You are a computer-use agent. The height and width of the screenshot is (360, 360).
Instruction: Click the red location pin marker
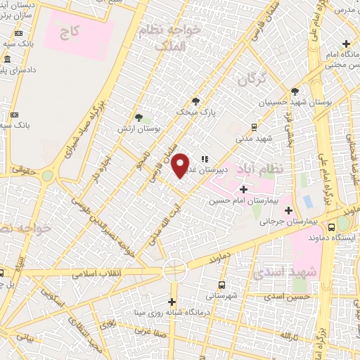(x=181, y=165)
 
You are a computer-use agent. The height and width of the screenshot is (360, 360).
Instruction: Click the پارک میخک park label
(x=193, y=111)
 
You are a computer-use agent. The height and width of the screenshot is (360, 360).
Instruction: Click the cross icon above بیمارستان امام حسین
(x=243, y=188)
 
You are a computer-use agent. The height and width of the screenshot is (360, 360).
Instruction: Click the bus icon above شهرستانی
(x=221, y=285)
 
